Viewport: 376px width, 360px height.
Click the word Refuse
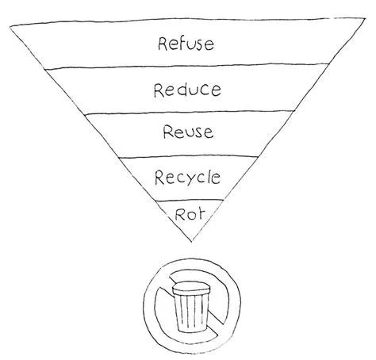pyautogui.click(x=186, y=44)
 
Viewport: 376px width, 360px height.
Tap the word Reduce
pyautogui.click(x=187, y=90)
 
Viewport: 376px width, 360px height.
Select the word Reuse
pyautogui.click(x=188, y=132)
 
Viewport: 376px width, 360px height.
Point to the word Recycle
pyautogui.click(x=187, y=178)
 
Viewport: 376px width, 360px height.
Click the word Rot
pyautogui.click(x=190, y=214)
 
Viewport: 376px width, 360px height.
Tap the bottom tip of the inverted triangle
pyautogui.click(x=192, y=241)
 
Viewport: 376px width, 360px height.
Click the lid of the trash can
pyautogui.click(x=190, y=288)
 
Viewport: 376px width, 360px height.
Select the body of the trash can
pyautogui.click(x=191, y=312)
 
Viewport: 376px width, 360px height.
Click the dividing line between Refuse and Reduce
pyautogui.click(x=187, y=66)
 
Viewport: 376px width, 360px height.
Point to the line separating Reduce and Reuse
pyautogui.click(x=190, y=113)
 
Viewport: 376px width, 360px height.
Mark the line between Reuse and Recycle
pyautogui.click(x=188, y=157)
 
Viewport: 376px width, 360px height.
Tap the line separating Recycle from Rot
pyautogui.click(x=190, y=201)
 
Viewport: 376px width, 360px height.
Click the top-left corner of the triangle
pyautogui.click(x=10, y=27)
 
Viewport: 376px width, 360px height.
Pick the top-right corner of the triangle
pyautogui.click(x=366, y=18)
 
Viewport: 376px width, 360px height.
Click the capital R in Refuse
pyautogui.click(x=163, y=44)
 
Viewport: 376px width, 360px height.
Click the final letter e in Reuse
pyautogui.click(x=209, y=132)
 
